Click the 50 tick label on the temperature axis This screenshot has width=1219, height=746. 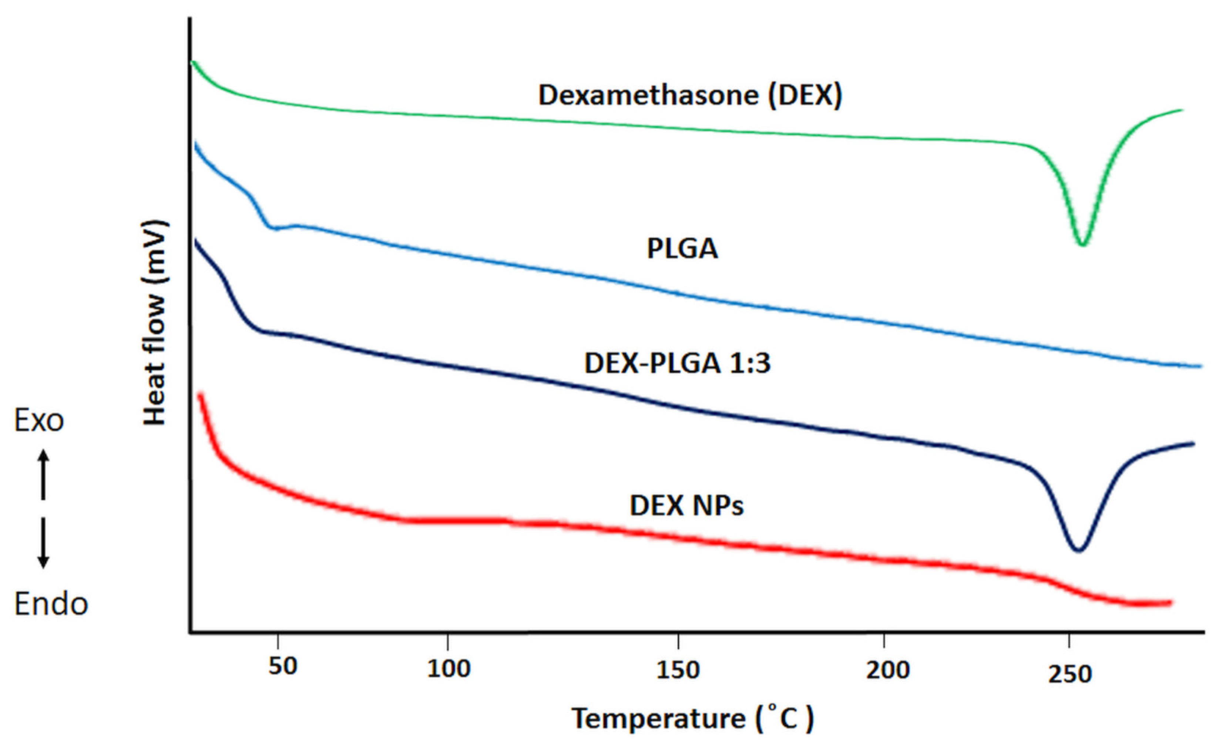click(x=282, y=667)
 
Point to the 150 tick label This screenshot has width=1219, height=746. click(x=677, y=670)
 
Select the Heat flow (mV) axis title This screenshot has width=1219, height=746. click(x=155, y=323)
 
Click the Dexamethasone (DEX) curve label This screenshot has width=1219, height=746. click(x=690, y=95)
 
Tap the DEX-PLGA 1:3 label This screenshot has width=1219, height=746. click(x=677, y=364)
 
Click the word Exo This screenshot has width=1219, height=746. click(x=38, y=421)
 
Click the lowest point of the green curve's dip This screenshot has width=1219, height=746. click(x=1082, y=244)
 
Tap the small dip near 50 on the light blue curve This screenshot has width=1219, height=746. click(x=272, y=228)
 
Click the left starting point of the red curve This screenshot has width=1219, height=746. click(x=200, y=395)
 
